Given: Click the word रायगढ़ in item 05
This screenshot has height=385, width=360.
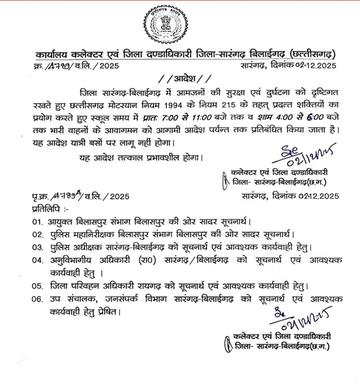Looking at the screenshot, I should (152, 286).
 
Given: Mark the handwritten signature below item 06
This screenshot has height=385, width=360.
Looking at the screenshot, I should (298, 318).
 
